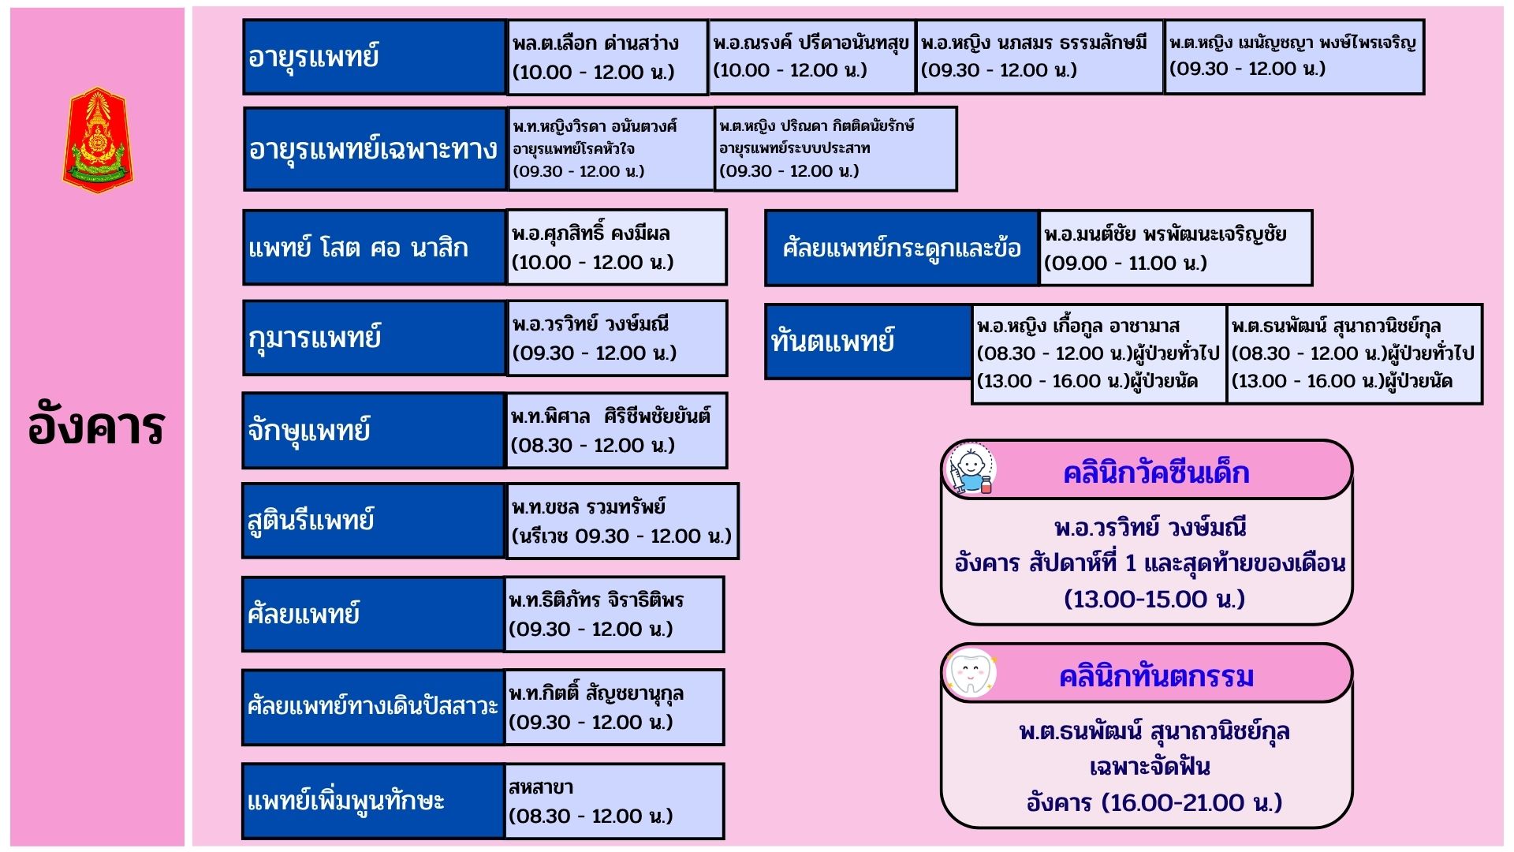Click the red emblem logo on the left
pyautogui.click(x=98, y=140)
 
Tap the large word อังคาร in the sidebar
pyautogui.click(x=96, y=427)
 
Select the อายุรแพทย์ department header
pyautogui.click(x=375, y=57)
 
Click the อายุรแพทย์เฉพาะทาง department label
pyautogui.click(x=375, y=149)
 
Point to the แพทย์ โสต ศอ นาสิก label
pyautogui.click(x=374, y=248)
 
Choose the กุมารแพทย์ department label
pyautogui.click(x=374, y=338)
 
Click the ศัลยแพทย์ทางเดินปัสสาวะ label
pyautogui.click(x=373, y=707)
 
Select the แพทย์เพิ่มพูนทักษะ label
pyautogui.click(x=373, y=801)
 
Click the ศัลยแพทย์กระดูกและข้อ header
pyautogui.click(x=902, y=248)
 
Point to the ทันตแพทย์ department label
pyautogui.click(x=868, y=341)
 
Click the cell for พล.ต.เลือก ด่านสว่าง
pyautogui.click(x=607, y=57)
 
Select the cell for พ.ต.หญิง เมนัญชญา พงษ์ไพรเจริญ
pyautogui.click(x=1294, y=57)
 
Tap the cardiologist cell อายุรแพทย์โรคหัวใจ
pyautogui.click(x=610, y=148)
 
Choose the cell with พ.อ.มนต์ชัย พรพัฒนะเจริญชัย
pyautogui.click(x=1176, y=248)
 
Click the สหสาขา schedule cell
pyautogui.click(x=613, y=801)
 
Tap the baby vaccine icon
pyautogui.click(x=971, y=470)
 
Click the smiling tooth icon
pyautogui.click(x=971, y=674)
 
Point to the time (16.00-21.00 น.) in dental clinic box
pyautogui.click(x=1191, y=803)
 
